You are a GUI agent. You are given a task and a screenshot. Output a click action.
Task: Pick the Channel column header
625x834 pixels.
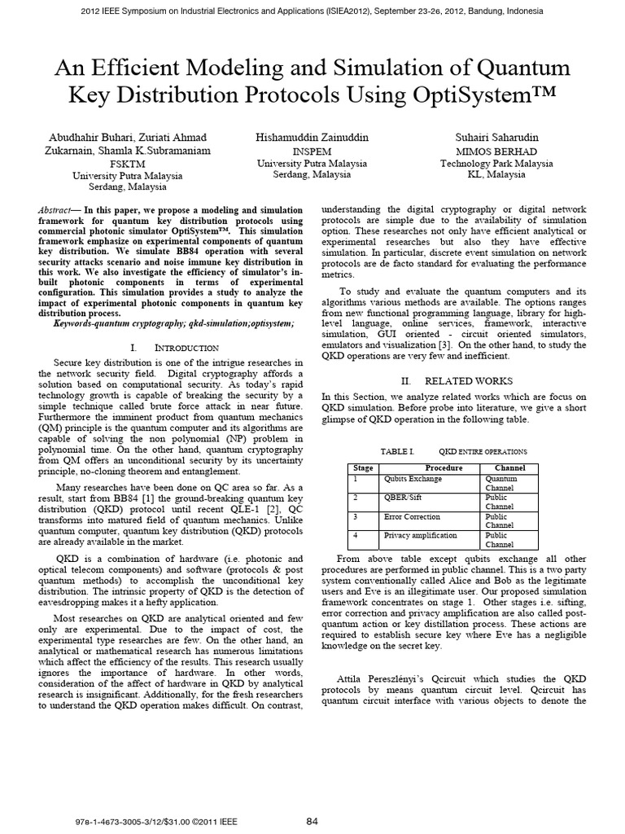pyautogui.click(x=509, y=468)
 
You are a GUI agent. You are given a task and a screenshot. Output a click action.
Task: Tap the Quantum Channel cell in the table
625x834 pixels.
pyautogui.click(x=500, y=483)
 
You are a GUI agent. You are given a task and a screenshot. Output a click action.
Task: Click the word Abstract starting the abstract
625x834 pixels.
pyautogui.click(x=56, y=210)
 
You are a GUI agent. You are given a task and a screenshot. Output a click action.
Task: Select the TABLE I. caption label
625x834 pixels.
pyautogui.click(x=398, y=450)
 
